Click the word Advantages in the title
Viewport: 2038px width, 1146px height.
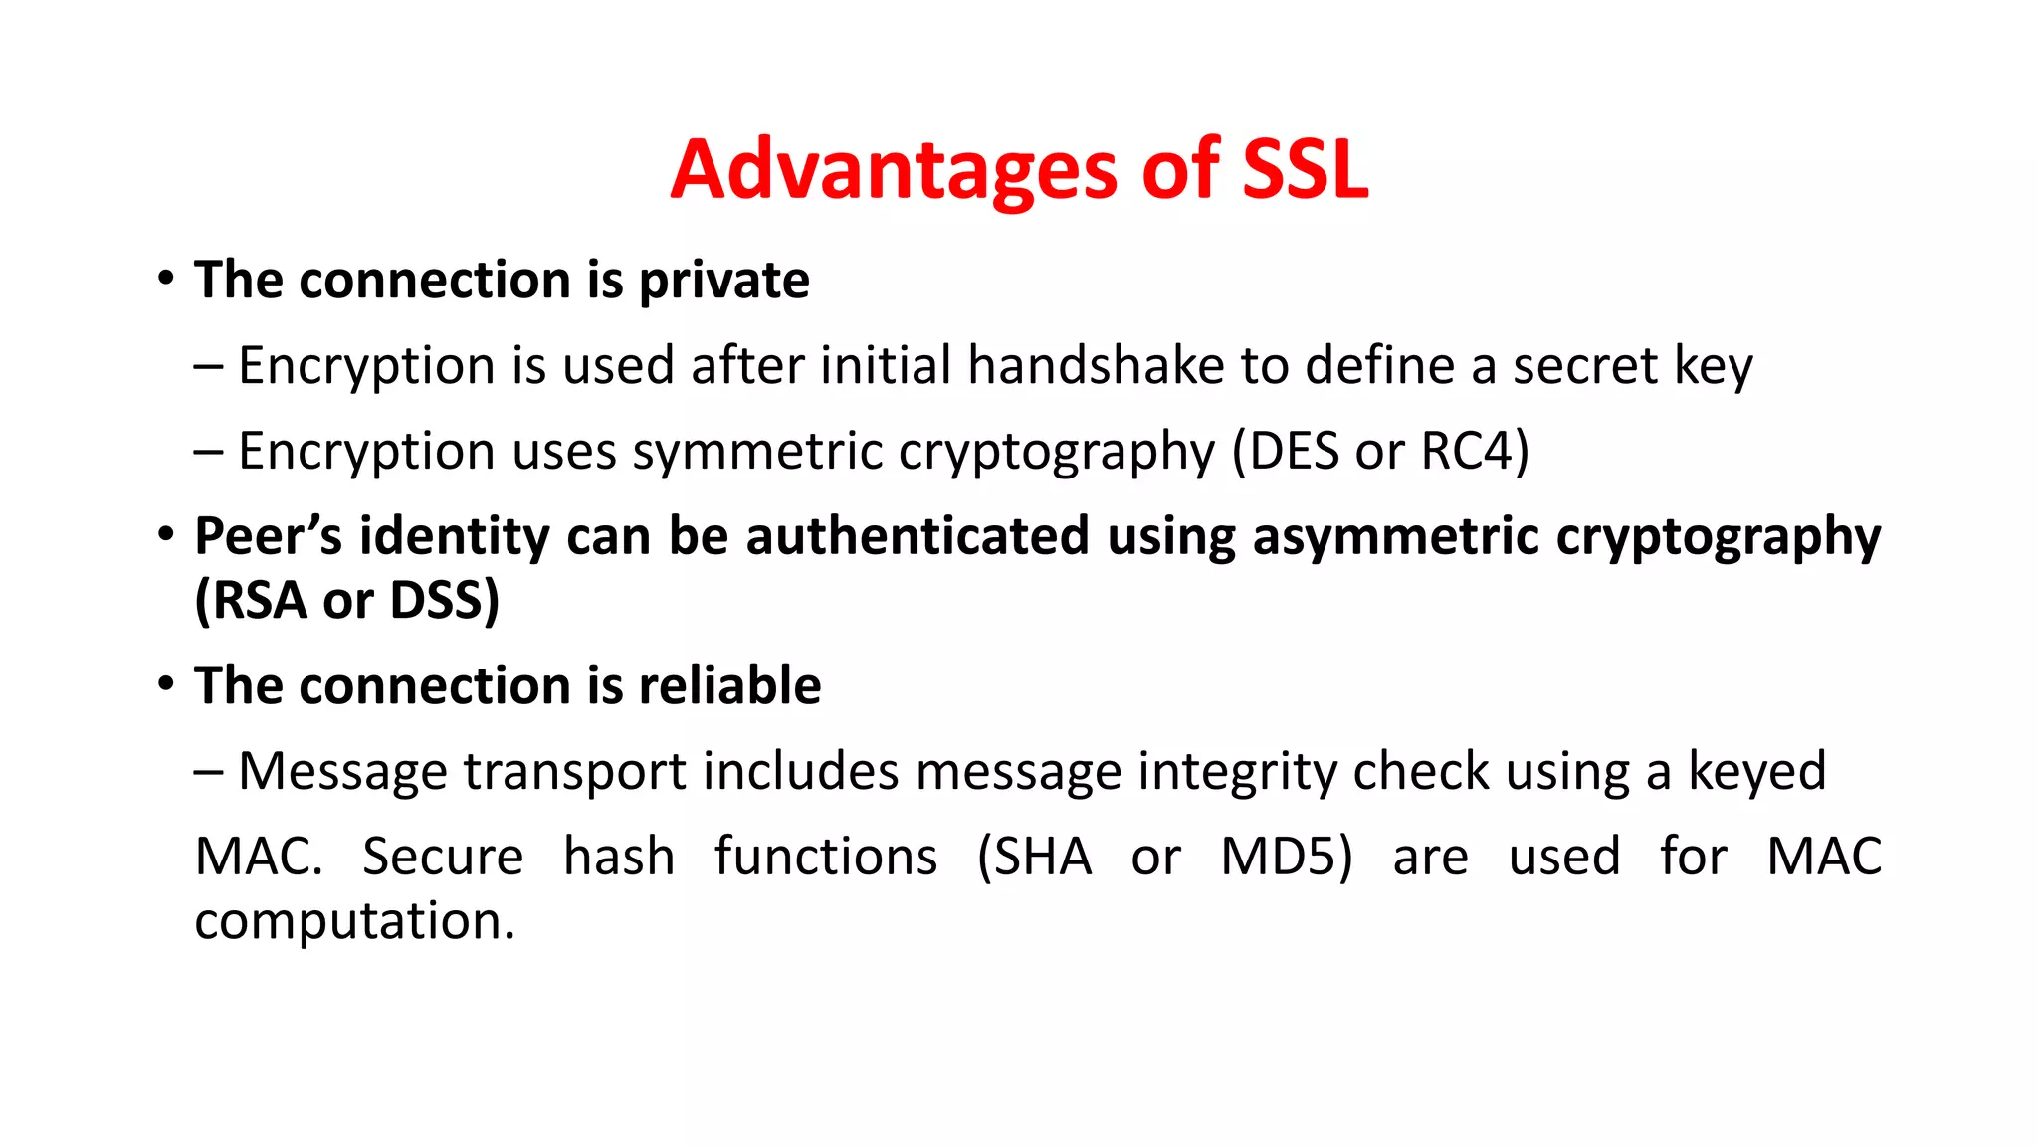(894, 171)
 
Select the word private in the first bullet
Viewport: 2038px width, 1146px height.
(723, 282)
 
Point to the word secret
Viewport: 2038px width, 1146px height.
(1585, 366)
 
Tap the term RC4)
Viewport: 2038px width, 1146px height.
(1475, 452)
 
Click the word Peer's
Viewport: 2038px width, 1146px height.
(268, 537)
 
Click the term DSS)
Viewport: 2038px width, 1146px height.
(444, 601)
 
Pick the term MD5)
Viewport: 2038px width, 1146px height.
(1287, 858)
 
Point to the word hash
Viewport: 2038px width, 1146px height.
(618, 858)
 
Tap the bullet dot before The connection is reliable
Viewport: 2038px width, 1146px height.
(166, 684)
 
